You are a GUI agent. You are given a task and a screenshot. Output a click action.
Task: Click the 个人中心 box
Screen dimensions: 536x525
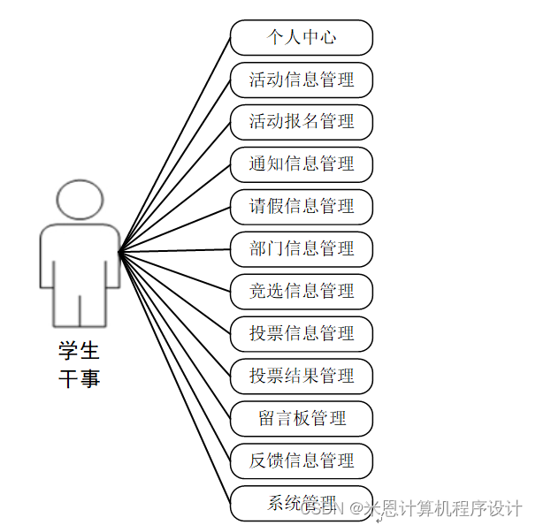(302, 38)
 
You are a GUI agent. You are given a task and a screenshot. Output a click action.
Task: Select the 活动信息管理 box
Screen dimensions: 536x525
(302, 80)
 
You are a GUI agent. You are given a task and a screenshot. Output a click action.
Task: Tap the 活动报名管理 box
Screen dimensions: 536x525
(302, 122)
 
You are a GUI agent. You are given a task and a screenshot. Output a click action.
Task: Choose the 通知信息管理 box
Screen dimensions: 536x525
(302, 164)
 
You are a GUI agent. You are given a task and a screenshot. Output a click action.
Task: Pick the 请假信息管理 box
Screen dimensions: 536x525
(302, 207)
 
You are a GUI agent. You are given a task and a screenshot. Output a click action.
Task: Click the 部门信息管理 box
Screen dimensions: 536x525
(302, 249)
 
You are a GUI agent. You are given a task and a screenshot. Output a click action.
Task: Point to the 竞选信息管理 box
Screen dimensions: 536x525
(302, 291)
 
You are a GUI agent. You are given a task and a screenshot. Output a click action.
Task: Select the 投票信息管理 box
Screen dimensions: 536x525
(302, 333)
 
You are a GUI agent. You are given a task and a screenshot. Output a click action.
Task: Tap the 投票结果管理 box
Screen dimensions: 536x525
(302, 376)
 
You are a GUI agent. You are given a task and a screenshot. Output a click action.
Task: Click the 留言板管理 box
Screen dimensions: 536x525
(302, 418)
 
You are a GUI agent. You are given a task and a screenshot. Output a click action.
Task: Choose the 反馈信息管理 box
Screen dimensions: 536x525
(302, 460)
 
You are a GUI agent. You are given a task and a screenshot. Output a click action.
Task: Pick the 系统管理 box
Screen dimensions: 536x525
(302, 503)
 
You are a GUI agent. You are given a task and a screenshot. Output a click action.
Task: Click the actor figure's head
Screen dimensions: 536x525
(79, 201)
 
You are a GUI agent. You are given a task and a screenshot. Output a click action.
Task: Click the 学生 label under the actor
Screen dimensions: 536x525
(79, 351)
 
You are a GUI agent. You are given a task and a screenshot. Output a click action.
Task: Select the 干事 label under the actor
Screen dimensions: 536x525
(79, 379)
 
